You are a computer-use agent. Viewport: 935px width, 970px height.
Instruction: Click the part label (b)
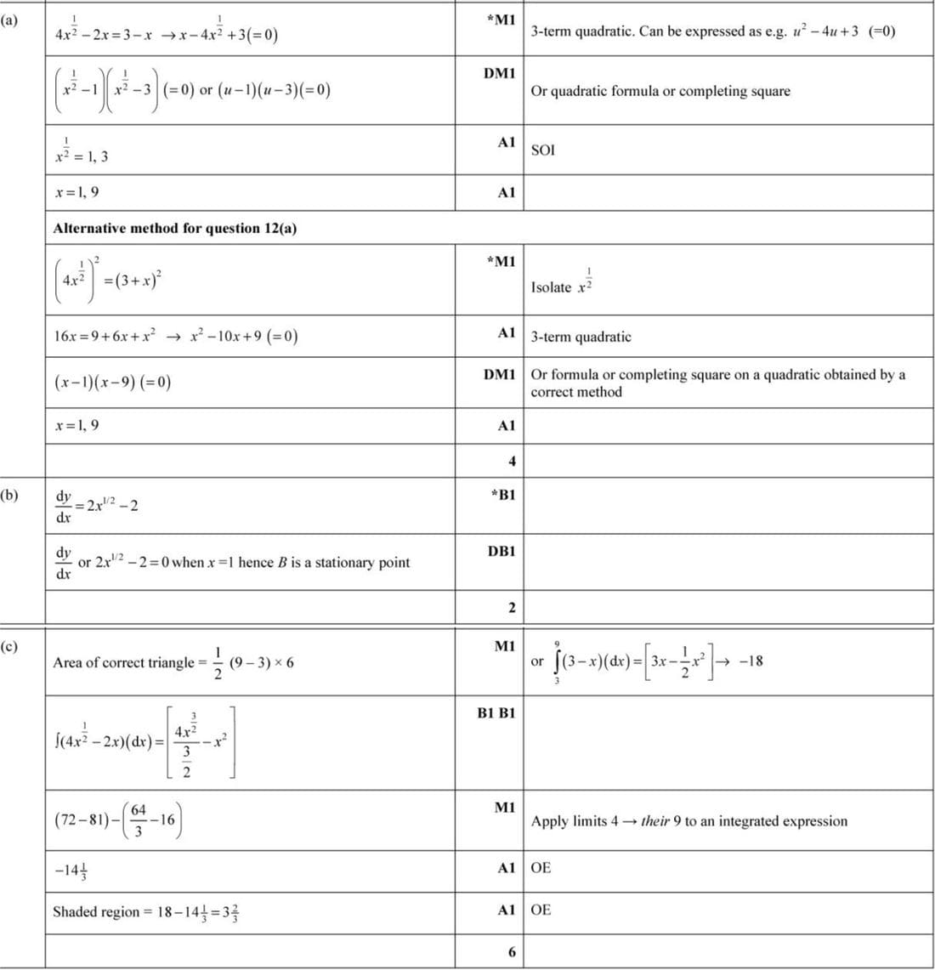[x=10, y=494]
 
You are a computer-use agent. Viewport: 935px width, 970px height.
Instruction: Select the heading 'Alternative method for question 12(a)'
[x=174, y=228]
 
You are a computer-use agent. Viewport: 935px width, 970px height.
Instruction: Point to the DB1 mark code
[x=501, y=552]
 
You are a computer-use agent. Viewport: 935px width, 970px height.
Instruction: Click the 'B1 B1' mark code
[x=496, y=713]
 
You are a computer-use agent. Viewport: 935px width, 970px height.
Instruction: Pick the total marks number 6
[x=512, y=951]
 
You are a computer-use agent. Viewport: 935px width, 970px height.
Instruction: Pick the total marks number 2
[x=512, y=608]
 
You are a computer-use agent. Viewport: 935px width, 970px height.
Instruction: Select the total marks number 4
[x=512, y=462]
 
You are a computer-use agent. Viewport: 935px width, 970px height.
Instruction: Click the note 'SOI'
[x=542, y=150]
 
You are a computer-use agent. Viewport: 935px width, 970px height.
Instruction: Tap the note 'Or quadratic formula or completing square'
[x=660, y=91]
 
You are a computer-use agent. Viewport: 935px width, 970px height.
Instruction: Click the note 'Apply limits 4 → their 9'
[x=688, y=821]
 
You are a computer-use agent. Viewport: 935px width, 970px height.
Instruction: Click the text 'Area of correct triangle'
[x=123, y=662]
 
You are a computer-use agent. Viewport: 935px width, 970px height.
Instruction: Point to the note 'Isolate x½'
[x=562, y=285]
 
